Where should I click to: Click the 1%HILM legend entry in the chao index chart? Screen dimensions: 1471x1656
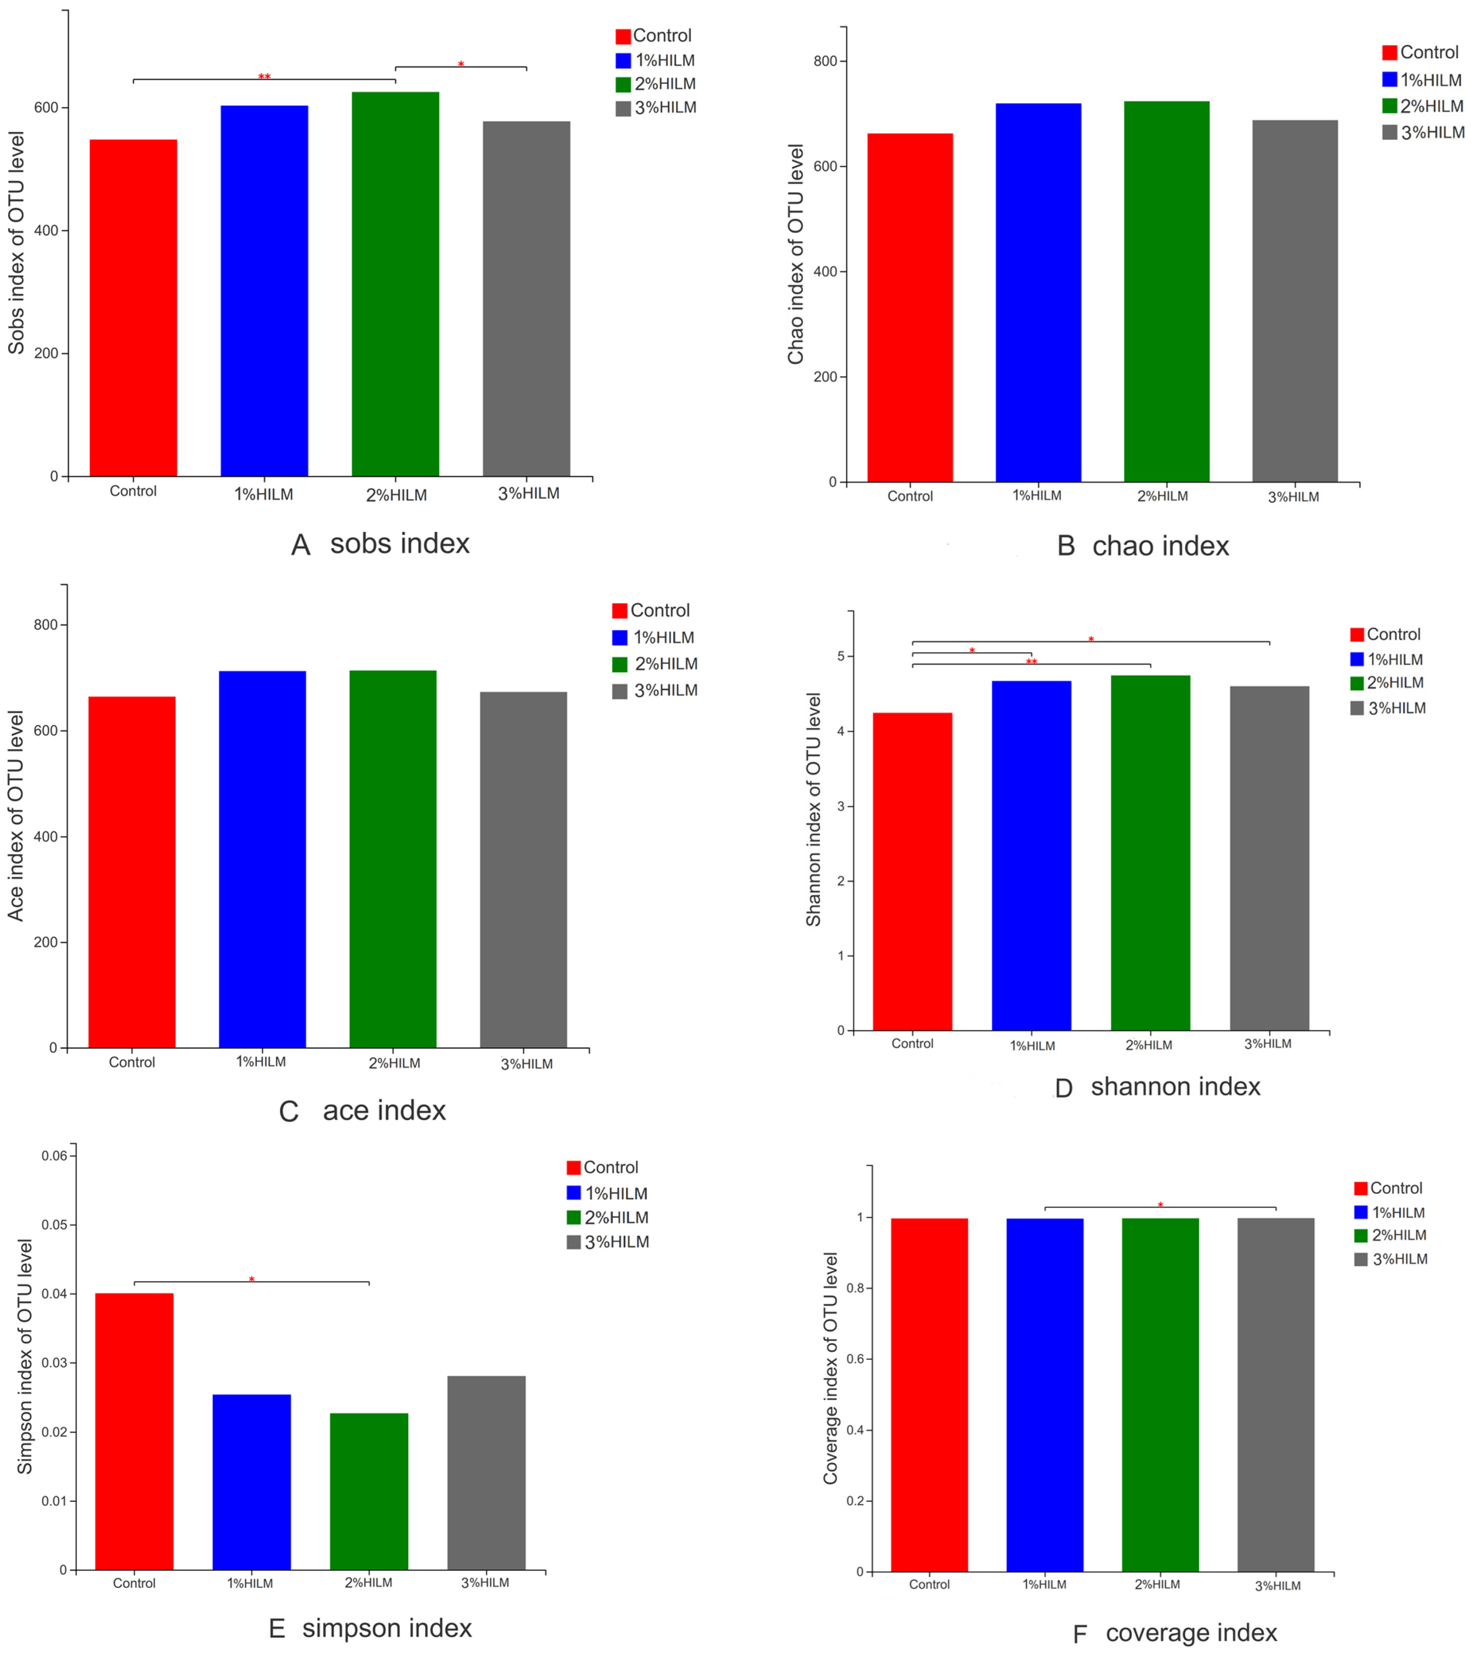click(1423, 79)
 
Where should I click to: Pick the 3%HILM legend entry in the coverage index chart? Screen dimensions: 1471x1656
click(1391, 1259)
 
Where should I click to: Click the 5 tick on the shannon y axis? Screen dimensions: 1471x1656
click(841, 656)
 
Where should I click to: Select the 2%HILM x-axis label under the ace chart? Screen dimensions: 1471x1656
click(395, 1063)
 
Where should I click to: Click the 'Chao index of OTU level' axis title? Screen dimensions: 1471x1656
click(796, 254)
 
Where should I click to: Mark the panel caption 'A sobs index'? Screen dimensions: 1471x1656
click(380, 544)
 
